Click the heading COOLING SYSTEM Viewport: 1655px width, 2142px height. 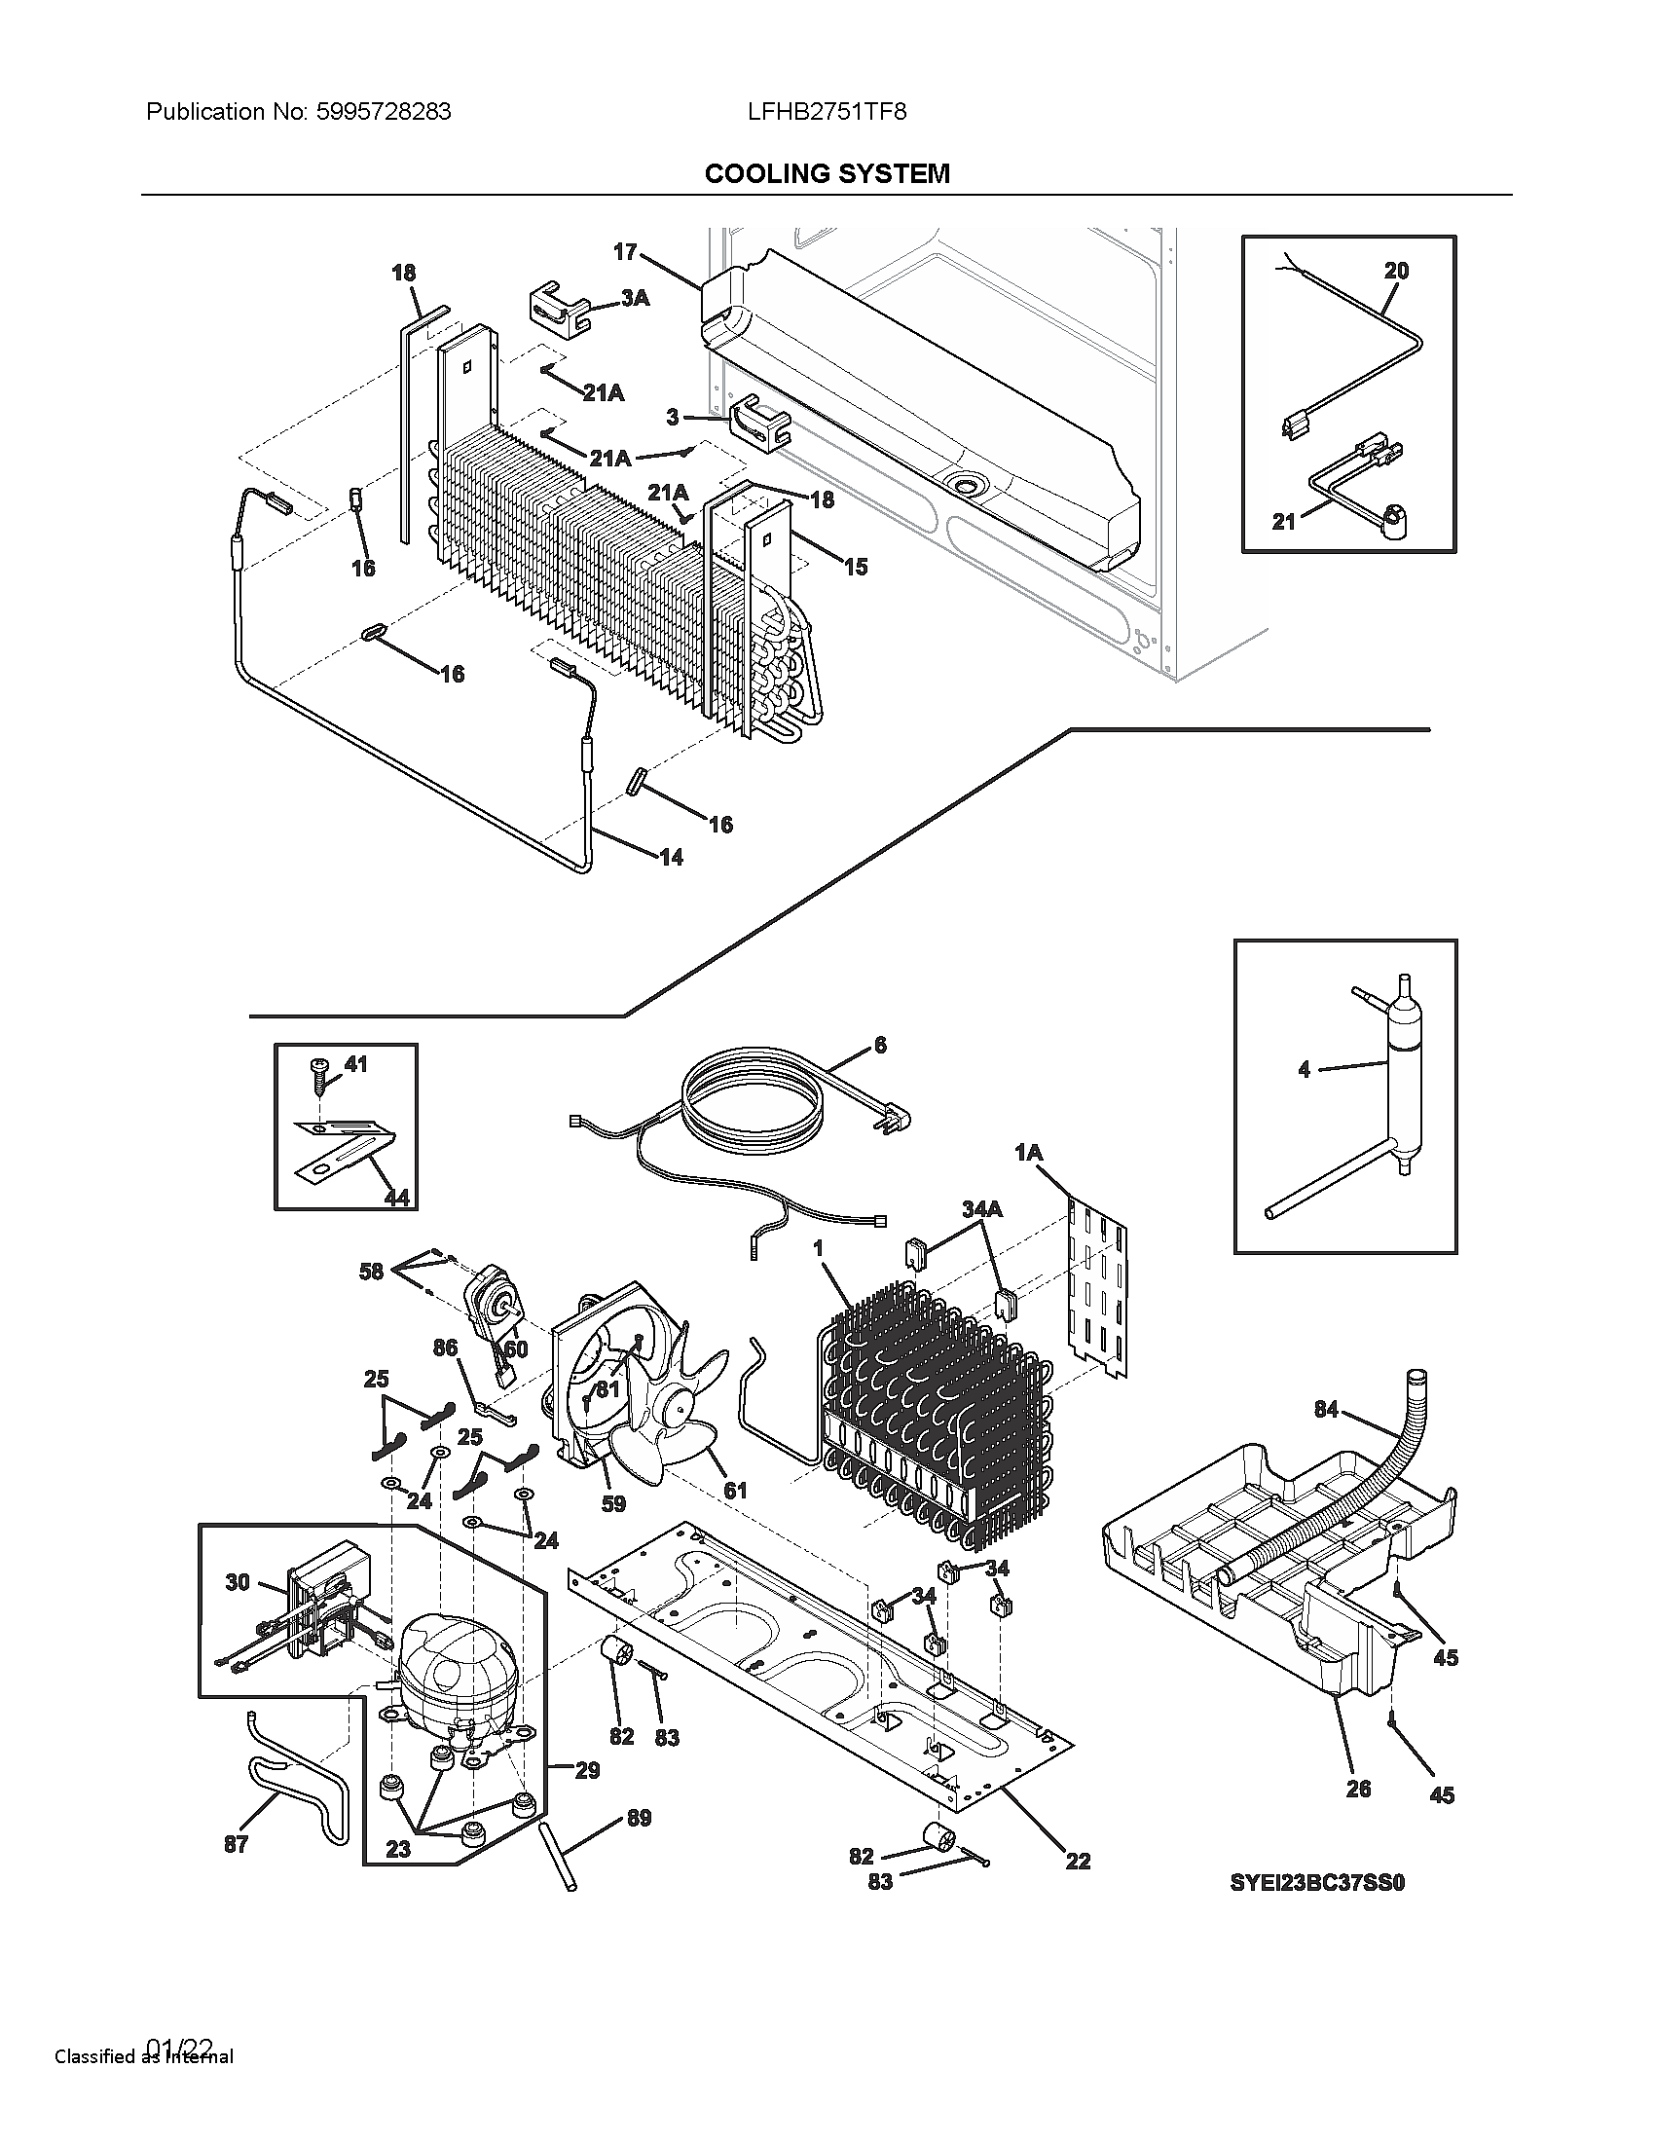[x=827, y=173]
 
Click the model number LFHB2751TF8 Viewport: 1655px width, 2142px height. [x=827, y=112]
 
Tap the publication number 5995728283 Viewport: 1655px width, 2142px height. [x=384, y=112]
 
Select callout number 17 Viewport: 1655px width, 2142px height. [x=626, y=252]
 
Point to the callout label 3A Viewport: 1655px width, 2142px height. [x=635, y=297]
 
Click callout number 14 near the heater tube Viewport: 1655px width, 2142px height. [x=671, y=857]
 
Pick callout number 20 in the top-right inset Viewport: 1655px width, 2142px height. [x=1396, y=271]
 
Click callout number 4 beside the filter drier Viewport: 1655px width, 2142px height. [x=1303, y=1069]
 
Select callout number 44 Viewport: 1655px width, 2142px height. [x=396, y=1197]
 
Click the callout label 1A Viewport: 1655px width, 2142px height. [x=1027, y=1154]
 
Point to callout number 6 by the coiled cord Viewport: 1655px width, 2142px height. [x=879, y=1046]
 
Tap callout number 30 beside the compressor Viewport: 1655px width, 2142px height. [x=238, y=1582]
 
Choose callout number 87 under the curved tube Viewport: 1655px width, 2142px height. [x=236, y=1844]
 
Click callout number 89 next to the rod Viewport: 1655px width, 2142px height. [x=639, y=1819]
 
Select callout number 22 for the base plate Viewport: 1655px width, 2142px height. [x=1078, y=1861]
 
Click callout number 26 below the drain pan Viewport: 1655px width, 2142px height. [x=1358, y=1789]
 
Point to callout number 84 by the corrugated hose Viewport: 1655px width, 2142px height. [x=1326, y=1411]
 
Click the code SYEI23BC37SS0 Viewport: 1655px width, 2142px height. [x=1318, y=1882]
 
